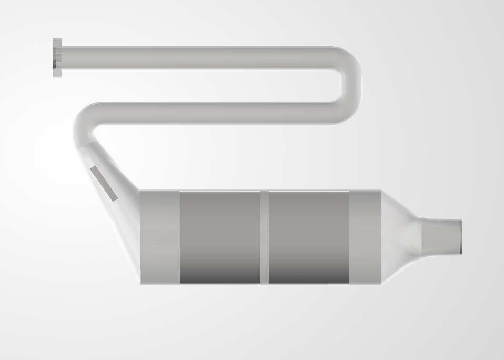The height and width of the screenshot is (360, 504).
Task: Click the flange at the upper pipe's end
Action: [57, 58]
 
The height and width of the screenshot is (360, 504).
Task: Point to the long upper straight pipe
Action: [195, 58]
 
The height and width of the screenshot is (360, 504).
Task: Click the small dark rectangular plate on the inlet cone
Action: [104, 183]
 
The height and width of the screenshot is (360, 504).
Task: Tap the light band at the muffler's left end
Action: [160, 237]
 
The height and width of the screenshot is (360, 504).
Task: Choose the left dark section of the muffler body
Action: [220, 237]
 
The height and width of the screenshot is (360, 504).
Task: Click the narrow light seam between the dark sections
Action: [265, 237]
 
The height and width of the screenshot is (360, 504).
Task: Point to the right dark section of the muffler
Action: [309, 237]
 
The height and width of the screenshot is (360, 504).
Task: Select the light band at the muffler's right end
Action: [365, 237]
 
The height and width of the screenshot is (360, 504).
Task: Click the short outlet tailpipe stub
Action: [442, 237]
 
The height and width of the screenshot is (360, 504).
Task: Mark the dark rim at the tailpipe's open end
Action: [461, 237]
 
